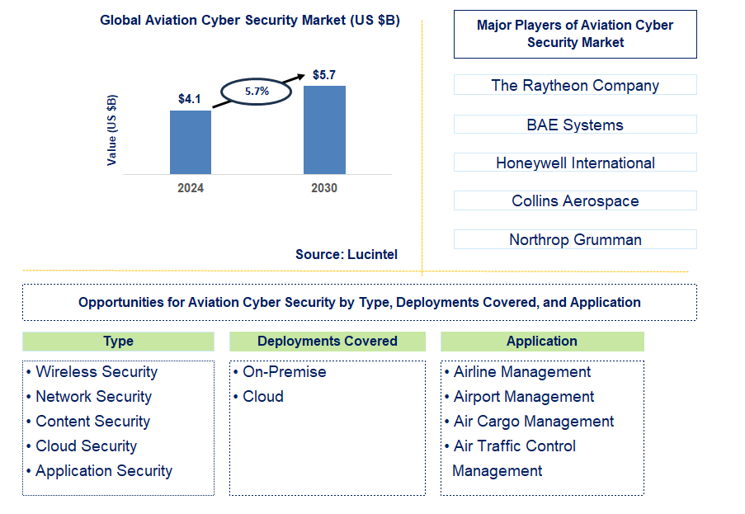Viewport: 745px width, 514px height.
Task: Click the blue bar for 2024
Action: tap(191, 142)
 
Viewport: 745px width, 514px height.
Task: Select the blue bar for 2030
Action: tap(324, 130)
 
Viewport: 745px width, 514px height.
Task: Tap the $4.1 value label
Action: tap(190, 99)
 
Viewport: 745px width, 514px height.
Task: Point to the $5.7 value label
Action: tap(324, 75)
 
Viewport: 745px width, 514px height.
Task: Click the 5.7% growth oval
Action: tap(257, 92)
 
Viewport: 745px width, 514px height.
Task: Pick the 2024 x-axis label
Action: tap(191, 188)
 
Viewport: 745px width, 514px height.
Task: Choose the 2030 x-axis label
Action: tap(324, 188)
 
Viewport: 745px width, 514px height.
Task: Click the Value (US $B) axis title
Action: tap(112, 130)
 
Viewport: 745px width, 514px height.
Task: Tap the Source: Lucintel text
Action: tap(347, 255)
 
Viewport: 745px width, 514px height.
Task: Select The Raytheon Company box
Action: tap(575, 85)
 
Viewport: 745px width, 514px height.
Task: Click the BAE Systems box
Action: tap(575, 125)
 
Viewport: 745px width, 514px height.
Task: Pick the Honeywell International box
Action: tap(575, 163)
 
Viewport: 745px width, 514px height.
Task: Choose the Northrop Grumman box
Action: tap(575, 240)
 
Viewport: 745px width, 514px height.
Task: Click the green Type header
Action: tap(118, 342)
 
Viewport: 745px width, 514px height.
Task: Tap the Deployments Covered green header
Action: tap(328, 342)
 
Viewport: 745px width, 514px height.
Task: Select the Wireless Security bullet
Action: tap(96, 372)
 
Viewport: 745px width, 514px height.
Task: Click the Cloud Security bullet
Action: tap(86, 446)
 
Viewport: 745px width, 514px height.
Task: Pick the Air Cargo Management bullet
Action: tap(533, 422)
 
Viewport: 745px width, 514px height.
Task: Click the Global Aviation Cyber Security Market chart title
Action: tap(250, 21)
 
